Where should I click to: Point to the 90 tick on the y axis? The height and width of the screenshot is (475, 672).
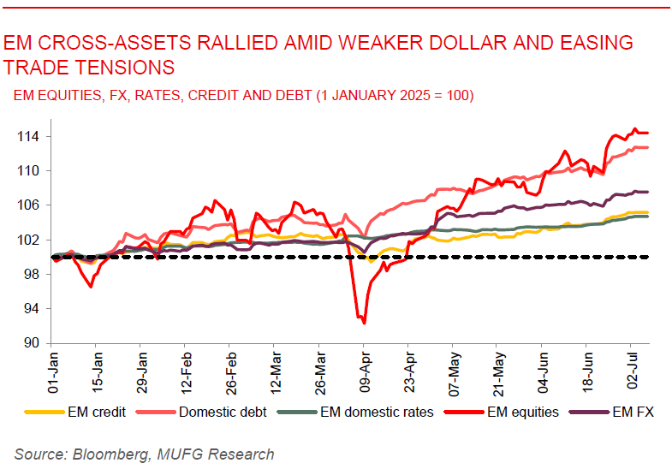click(x=33, y=343)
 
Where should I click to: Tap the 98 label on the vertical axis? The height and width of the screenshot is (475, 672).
click(x=33, y=274)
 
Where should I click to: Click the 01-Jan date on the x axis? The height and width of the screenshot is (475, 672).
click(x=54, y=370)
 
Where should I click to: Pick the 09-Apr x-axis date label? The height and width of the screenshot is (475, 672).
click(x=365, y=370)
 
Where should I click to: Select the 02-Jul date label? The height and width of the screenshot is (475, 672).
click(x=632, y=370)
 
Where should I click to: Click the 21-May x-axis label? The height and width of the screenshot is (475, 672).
click(x=498, y=370)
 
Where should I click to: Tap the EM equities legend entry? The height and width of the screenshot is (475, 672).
click(x=522, y=412)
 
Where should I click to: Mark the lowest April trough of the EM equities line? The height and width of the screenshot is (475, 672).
click(x=365, y=324)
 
